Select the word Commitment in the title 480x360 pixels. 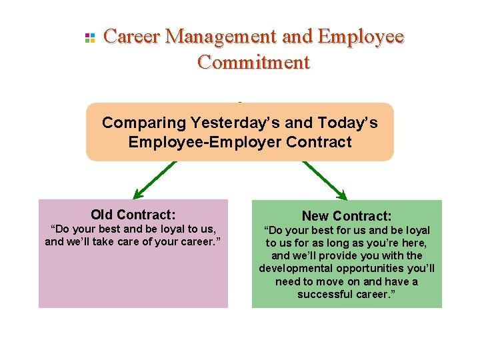pos(253,63)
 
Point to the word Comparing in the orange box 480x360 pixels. pos(143,123)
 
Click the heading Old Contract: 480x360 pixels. pos(133,215)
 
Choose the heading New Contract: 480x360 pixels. pos(347,216)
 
